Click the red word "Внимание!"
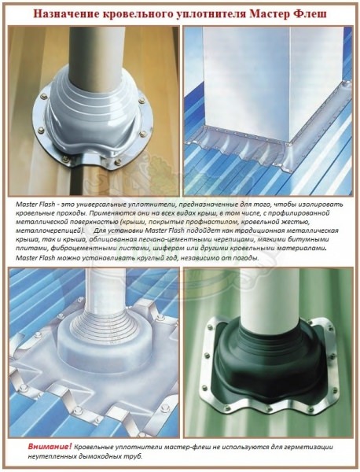[50, 446]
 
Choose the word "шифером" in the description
[166, 249]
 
